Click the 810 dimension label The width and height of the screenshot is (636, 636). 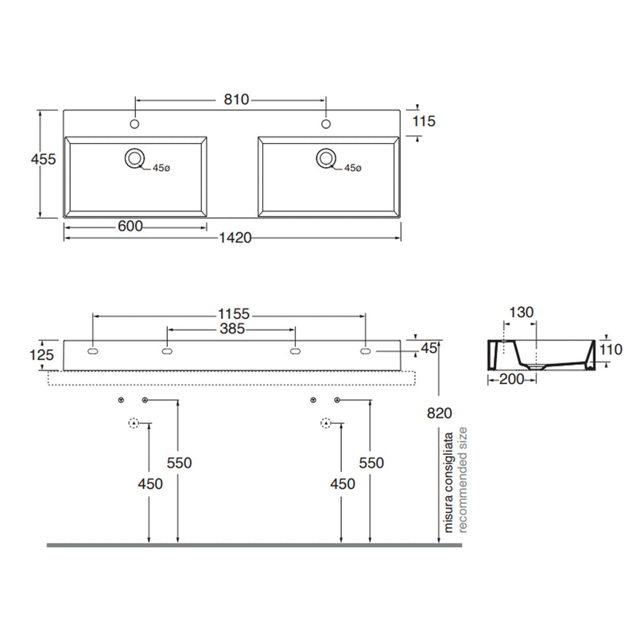[236, 99]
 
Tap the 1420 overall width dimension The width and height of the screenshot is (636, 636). [235, 238]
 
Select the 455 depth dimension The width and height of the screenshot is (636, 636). [44, 159]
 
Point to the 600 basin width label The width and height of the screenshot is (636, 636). [130, 227]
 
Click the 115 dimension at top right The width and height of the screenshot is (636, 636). [424, 121]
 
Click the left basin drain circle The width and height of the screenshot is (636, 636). [134, 157]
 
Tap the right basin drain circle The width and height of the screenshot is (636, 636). [326, 157]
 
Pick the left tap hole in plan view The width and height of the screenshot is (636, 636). [134, 124]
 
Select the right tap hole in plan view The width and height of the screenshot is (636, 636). [326, 124]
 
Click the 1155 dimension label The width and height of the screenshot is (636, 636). [234, 314]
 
